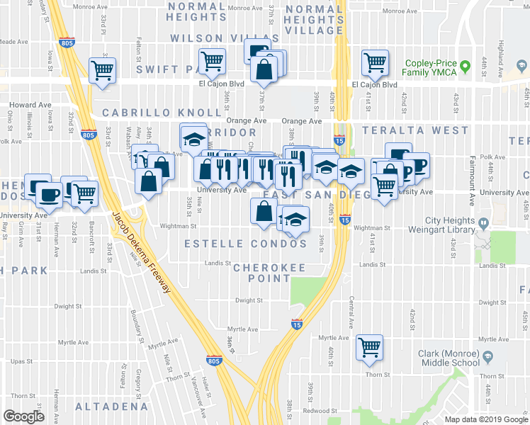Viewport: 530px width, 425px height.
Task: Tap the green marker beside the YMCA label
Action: tap(466, 67)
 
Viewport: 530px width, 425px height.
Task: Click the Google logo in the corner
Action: tap(23, 416)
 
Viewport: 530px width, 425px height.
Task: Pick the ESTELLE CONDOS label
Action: tap(245, 244)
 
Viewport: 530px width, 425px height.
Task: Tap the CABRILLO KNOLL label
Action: tap(162, 113)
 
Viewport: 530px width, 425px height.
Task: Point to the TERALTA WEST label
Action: tap(415, 130)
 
